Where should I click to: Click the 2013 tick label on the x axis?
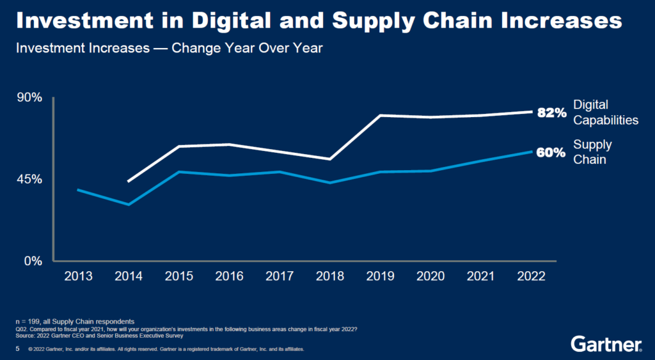(79, 276)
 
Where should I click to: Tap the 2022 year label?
(531, 276)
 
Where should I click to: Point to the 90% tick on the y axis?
(29, 98)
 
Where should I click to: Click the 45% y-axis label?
(29, 179)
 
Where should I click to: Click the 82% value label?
(551, 113)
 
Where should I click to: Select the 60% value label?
(551, 153)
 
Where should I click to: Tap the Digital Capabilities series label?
(605, 113)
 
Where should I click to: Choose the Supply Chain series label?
(592, 152)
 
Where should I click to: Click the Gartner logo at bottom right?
(606, 344)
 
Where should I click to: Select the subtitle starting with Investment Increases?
(169, 49)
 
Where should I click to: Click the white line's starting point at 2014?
(129, 182)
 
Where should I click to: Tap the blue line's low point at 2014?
(129, 205)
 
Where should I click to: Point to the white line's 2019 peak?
(380, 115)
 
